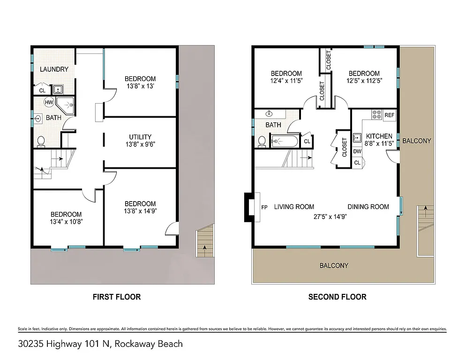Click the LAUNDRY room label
tap(54, 69)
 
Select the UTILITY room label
tap(140, 137)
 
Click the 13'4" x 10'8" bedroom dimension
tap(66, 222)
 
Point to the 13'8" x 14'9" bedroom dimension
tap(140, 211)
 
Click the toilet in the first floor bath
tap(41, 141)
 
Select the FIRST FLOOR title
tap(116, 297)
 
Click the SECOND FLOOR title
tap(337, 297)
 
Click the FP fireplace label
tap(264, 207)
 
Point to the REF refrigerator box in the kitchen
tap(390, 115)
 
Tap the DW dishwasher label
tap(357, 151)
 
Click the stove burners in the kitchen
tap(376, 114)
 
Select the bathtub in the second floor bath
tap(285, 141)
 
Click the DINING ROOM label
tap(368, 207)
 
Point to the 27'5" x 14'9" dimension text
tap(330, 216)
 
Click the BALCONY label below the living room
tap(334, 266)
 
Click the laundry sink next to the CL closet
tap(59, 89)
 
